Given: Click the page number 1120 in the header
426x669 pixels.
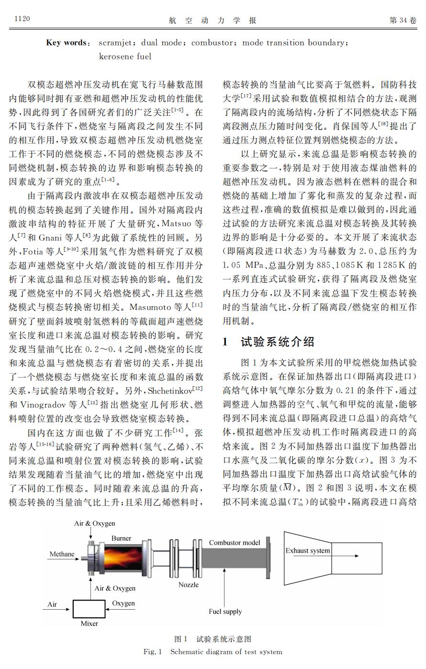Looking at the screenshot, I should (22, 19).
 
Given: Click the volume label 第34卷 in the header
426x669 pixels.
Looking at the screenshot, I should (403, 20).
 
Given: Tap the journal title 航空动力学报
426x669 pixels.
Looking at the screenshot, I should (213, 20).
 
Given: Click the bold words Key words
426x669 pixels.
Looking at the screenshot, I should (67, 43).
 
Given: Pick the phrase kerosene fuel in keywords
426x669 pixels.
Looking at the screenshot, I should (125, 56).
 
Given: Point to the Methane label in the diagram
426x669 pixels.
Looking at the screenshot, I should (62, 554).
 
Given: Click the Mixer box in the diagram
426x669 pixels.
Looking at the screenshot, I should (89, 609).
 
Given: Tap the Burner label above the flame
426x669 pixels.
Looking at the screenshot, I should (121, 538).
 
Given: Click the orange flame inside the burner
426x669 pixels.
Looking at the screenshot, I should (121, 558).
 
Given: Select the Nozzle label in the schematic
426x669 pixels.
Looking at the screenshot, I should (188, 585).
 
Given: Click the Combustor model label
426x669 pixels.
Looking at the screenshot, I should (235, 543).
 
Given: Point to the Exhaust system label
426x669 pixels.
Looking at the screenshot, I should (307, 550).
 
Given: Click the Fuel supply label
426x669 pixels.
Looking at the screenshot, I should (225, 611).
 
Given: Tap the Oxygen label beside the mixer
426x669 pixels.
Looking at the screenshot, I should (123, 603).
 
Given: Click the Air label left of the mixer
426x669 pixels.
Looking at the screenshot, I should (52, 604).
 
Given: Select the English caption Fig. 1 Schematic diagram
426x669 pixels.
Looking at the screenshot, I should (213, 652).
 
